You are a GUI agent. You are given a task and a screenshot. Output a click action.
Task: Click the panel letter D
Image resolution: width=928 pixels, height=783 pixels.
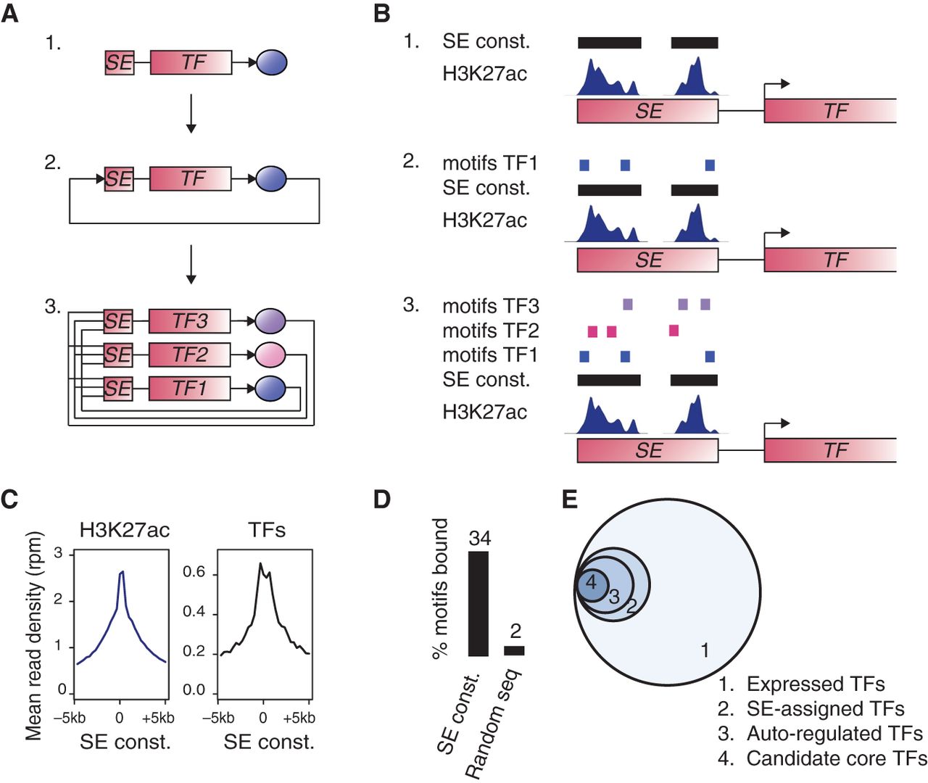381,500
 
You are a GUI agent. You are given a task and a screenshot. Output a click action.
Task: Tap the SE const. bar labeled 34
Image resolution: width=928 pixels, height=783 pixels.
478,603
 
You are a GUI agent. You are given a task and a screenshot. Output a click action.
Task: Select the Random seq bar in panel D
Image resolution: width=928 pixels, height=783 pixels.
514,650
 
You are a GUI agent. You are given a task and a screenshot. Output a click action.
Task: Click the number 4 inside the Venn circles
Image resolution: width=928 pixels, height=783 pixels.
591,582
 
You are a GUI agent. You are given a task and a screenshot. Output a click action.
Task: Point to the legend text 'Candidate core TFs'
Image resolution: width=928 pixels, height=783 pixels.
836,758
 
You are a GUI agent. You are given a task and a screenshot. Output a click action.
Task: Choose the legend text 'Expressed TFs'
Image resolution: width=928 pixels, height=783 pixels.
815,684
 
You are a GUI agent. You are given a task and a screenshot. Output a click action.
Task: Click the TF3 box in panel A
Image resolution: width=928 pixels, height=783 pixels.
189,320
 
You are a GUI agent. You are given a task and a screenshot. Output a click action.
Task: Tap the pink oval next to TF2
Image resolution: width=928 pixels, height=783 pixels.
270,355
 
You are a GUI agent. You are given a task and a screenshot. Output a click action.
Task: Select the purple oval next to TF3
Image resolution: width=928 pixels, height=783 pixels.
270,320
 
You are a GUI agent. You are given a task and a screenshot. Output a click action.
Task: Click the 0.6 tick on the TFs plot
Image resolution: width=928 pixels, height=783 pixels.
194,573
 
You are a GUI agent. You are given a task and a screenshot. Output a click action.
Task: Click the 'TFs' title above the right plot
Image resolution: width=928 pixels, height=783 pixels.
266,531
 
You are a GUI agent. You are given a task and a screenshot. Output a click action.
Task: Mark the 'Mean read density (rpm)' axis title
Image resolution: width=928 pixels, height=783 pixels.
34,636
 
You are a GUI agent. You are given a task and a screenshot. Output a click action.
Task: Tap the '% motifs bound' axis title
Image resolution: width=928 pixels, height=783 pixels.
440,589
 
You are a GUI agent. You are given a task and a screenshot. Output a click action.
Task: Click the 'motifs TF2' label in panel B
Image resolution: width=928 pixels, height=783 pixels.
491,331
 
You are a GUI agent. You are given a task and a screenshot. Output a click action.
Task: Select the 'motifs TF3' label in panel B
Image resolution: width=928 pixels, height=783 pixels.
491,306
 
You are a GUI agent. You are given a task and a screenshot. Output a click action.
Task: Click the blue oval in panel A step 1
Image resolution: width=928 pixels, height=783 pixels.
272,62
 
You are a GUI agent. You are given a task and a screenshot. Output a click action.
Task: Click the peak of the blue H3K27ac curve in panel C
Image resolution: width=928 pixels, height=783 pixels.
122,572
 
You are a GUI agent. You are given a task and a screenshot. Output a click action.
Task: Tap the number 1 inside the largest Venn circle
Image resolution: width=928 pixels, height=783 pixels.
705,650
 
